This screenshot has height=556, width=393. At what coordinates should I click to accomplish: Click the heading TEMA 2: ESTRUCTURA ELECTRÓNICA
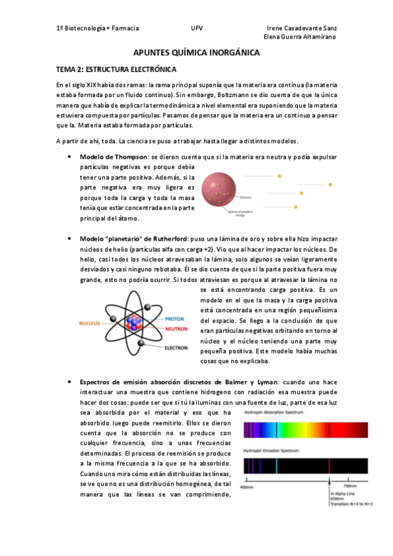[x=116, y=69]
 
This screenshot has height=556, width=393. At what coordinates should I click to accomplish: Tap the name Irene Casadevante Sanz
[x=302, y=29]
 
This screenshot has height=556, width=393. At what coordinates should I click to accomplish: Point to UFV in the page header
[x=197, y=29]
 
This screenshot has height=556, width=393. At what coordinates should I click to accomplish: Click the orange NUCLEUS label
[x=91, y=323]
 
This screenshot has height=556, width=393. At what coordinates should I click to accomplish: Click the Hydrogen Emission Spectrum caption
[x=272, y=452]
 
